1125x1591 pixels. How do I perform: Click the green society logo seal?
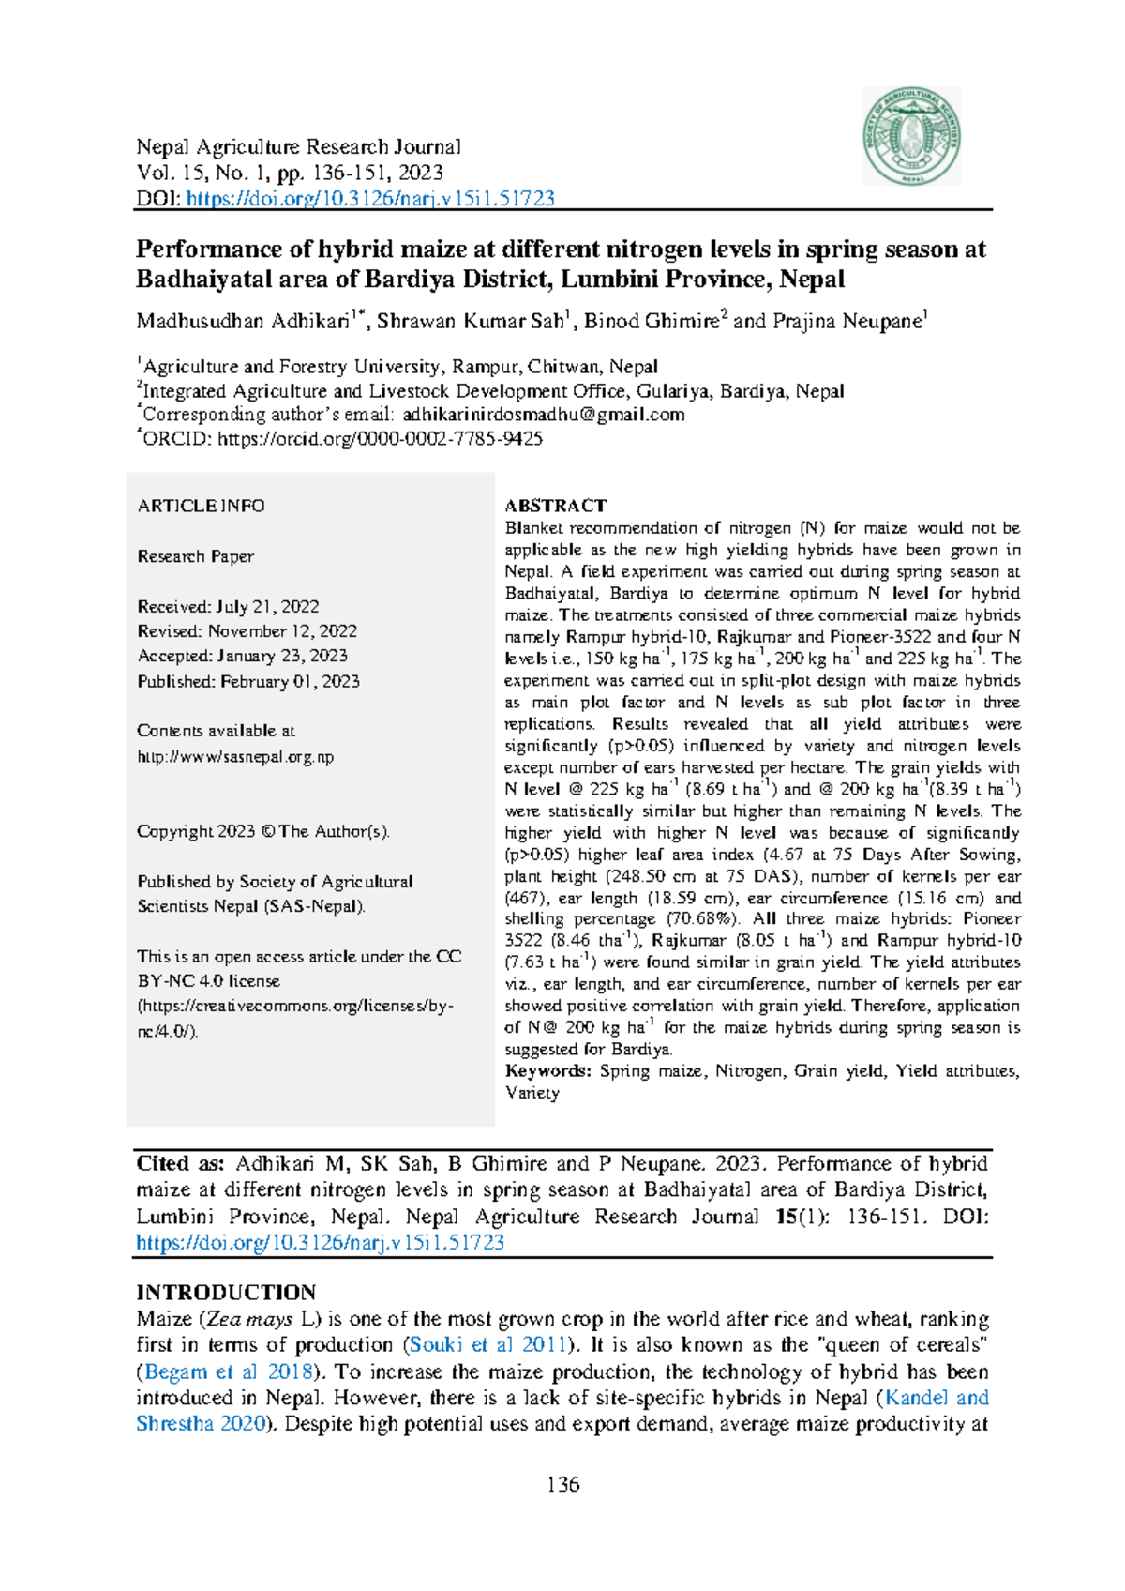911,137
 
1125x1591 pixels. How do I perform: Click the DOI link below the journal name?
370,199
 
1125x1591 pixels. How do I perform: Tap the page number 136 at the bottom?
563,1484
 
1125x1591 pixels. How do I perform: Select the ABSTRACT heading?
555,506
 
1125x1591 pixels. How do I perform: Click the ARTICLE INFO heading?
201,506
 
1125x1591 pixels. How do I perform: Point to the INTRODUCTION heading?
226,1292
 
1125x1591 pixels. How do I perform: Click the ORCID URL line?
380,439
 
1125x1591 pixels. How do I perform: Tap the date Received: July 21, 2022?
228,607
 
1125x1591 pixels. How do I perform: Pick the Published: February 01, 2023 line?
248,682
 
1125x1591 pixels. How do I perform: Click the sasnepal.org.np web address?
235,757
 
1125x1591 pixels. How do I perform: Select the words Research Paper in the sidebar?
195,556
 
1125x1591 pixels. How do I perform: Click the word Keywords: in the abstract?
547,1071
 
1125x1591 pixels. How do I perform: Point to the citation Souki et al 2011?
487,1345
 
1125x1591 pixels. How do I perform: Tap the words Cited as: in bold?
180,1164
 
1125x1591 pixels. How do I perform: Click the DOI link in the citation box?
320,1243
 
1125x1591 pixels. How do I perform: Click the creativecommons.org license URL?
295,1007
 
